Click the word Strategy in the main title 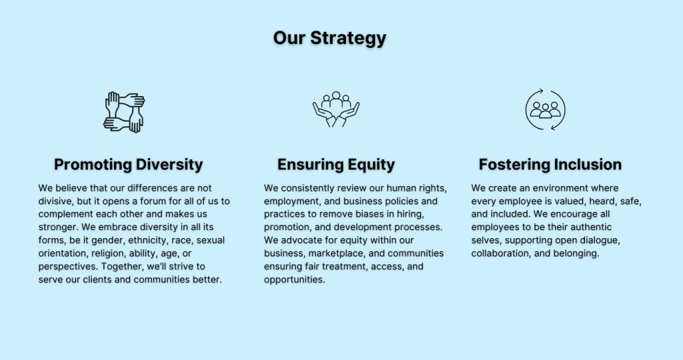click(x=348, y=38)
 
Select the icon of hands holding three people click(x=336, y=109)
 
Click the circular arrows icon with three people click(x=546, y=110)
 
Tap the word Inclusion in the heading click(x=586, y=165)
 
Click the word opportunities click(x=294, y=279)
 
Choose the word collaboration click(x=501, y=253)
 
